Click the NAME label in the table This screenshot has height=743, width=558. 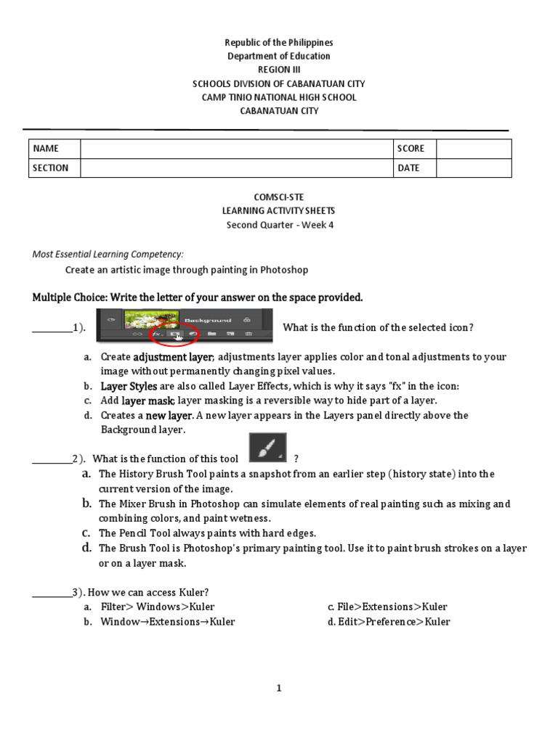click(x=45, y=149)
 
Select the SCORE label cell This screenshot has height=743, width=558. click(x=411, y=149)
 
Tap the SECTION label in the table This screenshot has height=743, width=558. click(x=50, y=168)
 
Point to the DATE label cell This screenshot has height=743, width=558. click(x=408, y=168)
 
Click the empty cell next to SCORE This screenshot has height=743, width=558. click(x=473, y=149)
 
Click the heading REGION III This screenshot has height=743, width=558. click(x=279, y=70)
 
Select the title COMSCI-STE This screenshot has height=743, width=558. click(x=279, y=197)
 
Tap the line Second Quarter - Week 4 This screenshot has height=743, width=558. click(x=280, y=225)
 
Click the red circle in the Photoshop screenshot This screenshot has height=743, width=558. click(x=174, y=334)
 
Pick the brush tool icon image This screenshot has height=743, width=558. click(x=267, y=447)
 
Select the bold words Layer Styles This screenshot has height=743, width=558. click(x=129, y=386)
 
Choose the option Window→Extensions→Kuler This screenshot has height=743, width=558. click(x=167, y=622)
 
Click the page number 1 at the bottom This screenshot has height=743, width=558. click(x=279, y=689)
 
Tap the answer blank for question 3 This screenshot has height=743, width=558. click(x=52, y=593)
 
